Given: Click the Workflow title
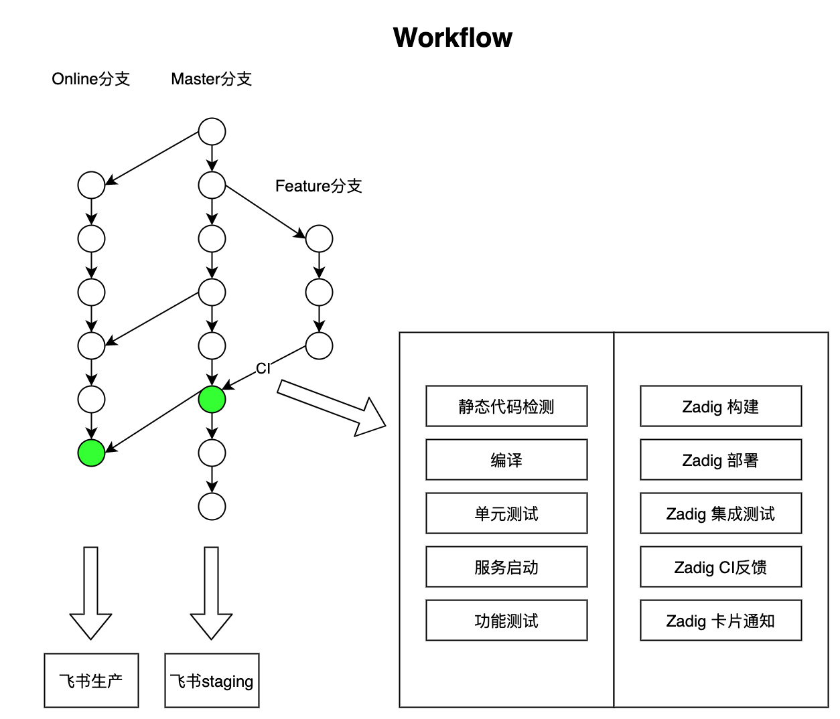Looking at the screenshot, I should point(452,38).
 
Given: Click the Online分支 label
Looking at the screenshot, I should point(90,79).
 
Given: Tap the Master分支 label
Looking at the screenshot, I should point(211,79).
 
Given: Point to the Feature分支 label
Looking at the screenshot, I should point(318,186).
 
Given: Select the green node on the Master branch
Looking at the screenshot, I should point(212,400).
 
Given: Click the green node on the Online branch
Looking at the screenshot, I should point(91,453).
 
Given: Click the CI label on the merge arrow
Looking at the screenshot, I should point(263,369).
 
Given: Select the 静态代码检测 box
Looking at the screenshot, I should point(506,406).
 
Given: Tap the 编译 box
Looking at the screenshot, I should point(506,460).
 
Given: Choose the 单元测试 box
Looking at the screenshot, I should point(506,513).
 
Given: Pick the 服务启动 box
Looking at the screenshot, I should point(506,567).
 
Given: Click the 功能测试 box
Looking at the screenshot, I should point(506,621).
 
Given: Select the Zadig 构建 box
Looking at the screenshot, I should point(721,406).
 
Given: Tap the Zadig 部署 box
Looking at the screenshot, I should point(721,460).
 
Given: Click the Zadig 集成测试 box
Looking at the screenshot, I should point(721,513).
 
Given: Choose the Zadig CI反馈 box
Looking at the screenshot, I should point(721,567).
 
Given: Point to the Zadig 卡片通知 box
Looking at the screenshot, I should point(721,621).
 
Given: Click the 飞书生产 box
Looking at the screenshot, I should point(91,681).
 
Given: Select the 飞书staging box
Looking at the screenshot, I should point(212,681).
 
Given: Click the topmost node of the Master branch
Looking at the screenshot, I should point(212,132).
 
